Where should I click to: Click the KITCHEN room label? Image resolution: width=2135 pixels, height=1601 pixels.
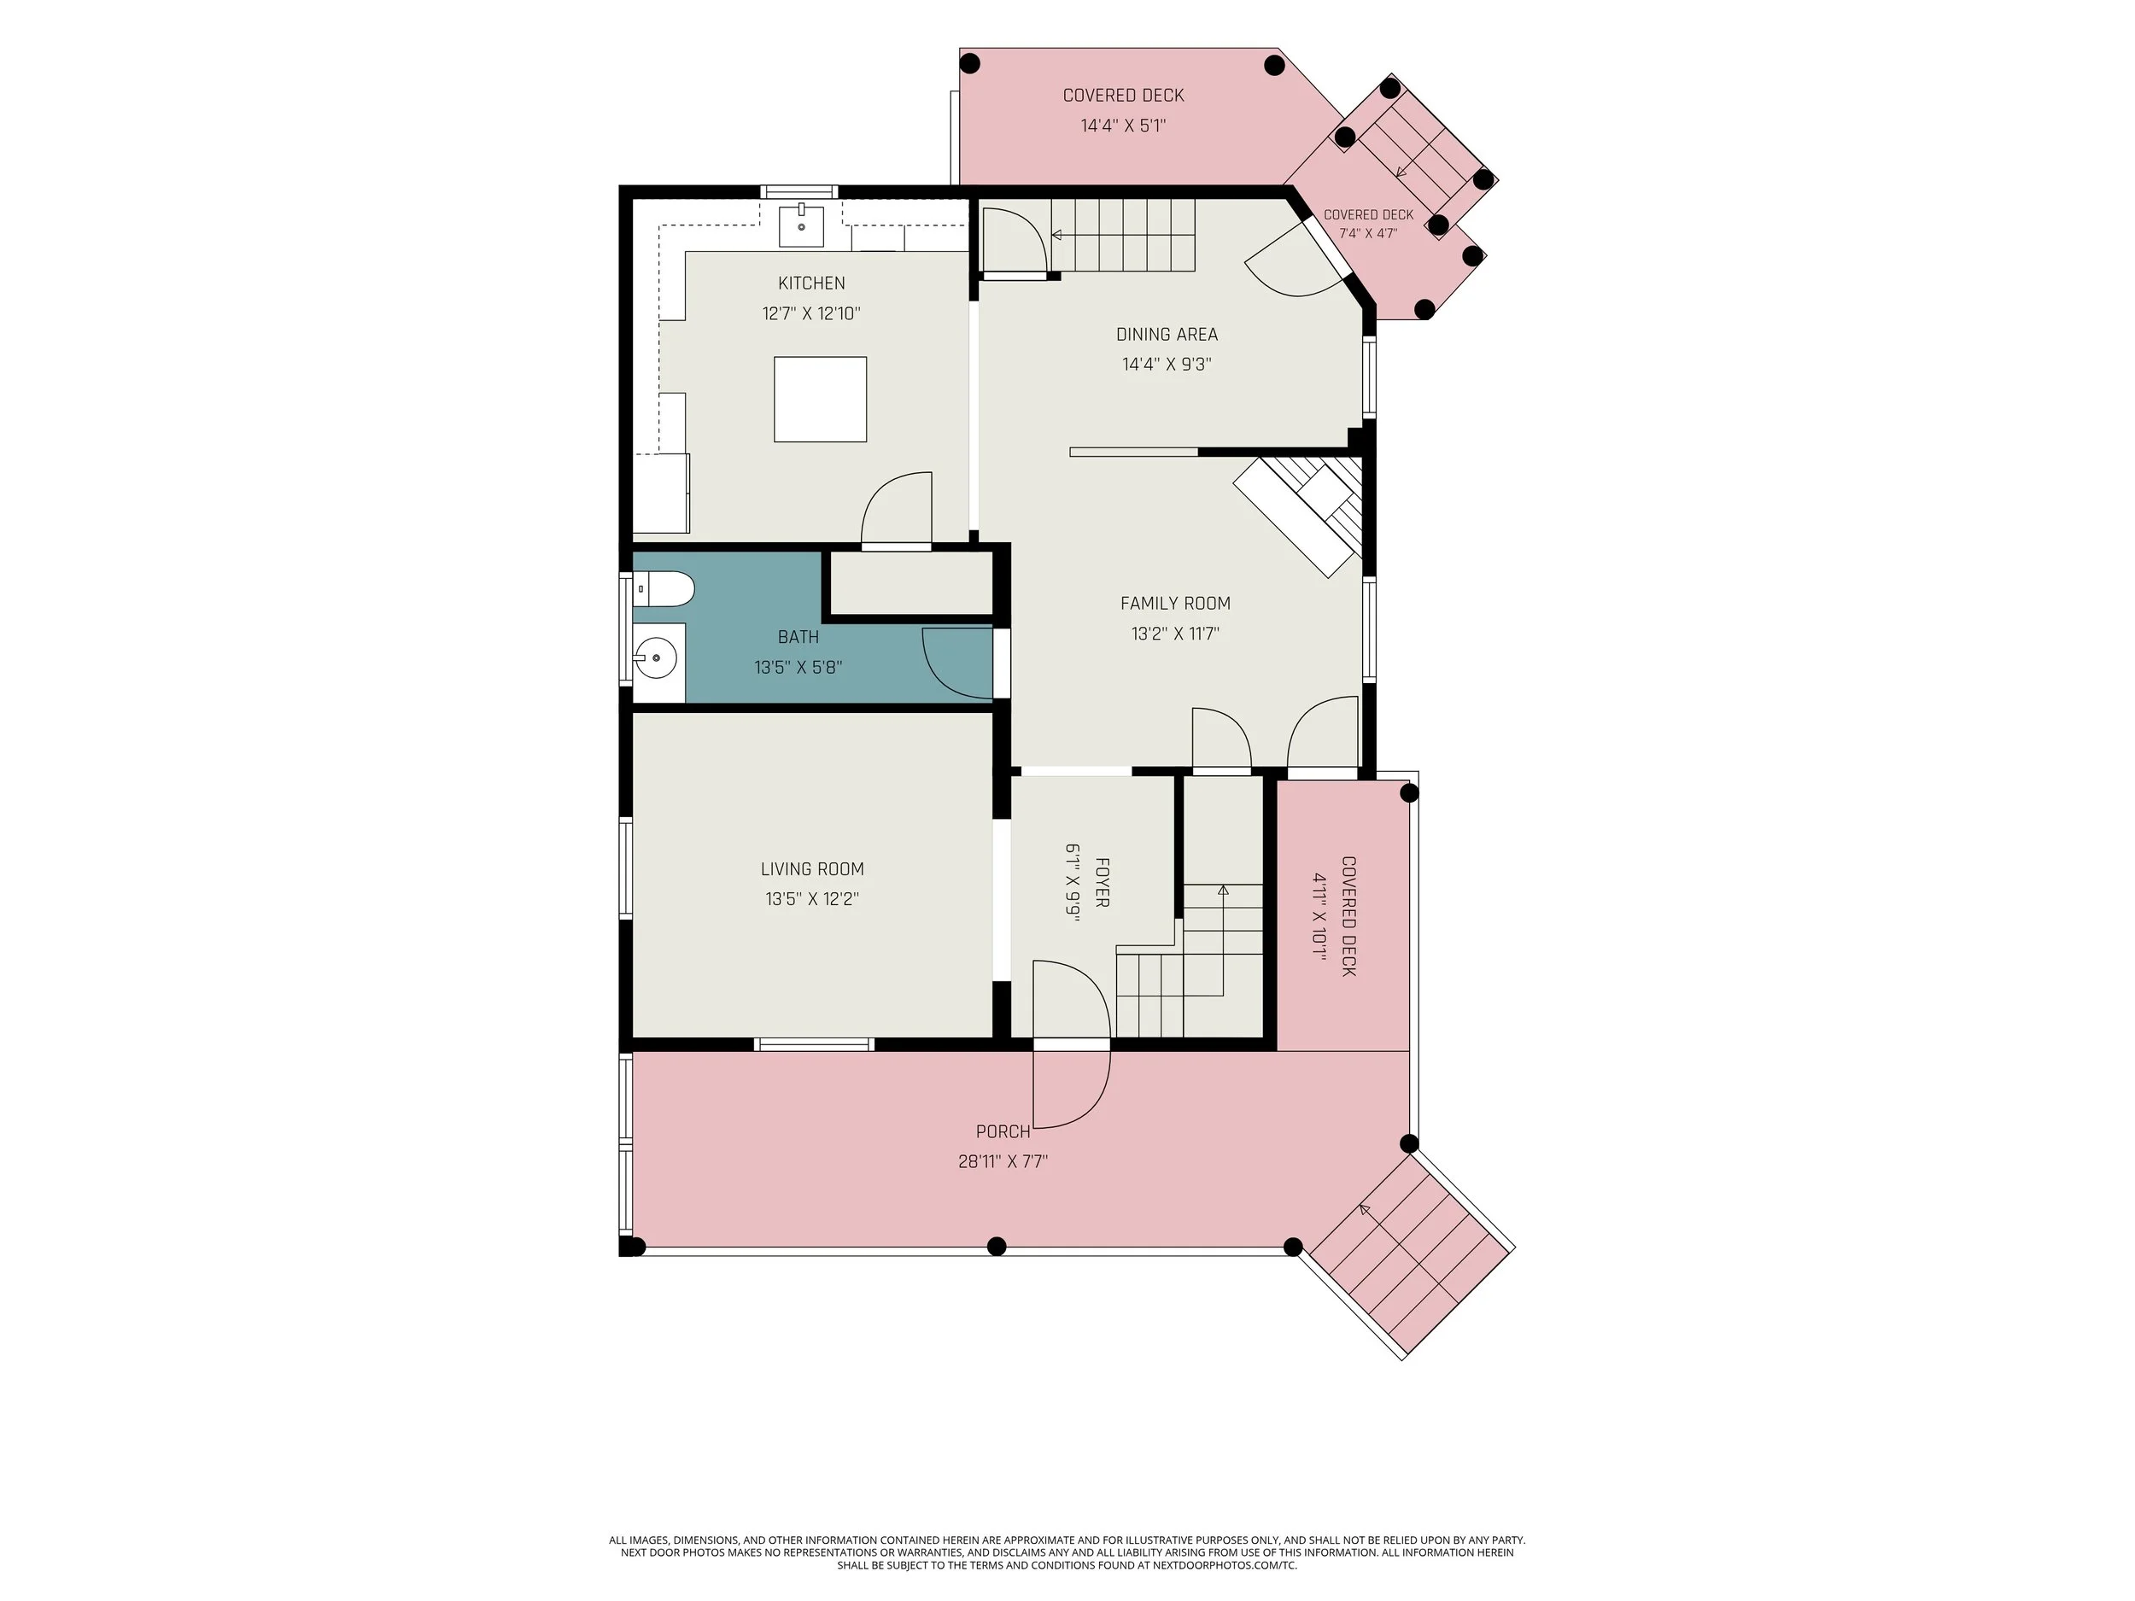click(x=810, y=283)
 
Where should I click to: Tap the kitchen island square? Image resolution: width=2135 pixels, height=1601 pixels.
click(x=820, y=400)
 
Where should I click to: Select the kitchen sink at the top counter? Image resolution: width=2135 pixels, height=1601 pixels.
click(x=802, y=225)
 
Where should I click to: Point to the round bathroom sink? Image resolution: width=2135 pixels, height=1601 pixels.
click(x=655, y=659)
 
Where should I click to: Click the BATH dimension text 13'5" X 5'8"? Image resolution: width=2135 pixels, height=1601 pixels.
click(x=798, y=667)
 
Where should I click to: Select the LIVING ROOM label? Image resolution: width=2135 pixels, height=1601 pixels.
click(x=811, y=868)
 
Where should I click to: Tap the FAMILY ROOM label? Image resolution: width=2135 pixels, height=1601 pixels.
click(x=1174, y=603)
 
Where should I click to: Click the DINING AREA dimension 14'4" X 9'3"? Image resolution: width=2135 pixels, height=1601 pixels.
click(x=1166, y=364)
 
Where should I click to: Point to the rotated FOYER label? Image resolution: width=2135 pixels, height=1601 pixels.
click(x=1103, y=882)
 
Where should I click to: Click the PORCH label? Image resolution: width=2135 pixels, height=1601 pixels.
click(x=1003, y=1131)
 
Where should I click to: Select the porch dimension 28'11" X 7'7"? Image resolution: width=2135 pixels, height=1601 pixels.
click(x=1003, y=1161)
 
